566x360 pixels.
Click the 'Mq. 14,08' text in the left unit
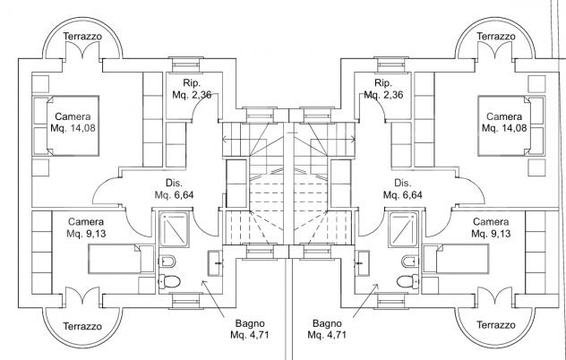click(73, 128)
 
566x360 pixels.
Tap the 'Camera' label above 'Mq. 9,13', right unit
click(491, 222)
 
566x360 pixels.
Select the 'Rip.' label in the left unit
click(192, 83)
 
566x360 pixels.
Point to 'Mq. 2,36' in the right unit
click(383, 95)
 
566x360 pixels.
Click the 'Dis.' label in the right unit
click(402, 183)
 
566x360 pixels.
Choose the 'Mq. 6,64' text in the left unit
click(174, 195)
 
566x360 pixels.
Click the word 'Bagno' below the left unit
click(250, 323)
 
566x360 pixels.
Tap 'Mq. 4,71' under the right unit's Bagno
click(327, 335)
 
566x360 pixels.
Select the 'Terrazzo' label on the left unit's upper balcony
click(82, 37)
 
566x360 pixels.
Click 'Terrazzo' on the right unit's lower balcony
click(495, 325)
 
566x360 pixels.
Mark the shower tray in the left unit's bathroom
click(174, 229)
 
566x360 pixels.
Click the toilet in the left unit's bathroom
click(169, 281)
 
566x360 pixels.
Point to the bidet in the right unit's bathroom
click(410, 261)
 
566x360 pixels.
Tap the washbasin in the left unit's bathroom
click(215, 263)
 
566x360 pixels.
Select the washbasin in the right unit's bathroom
click(362, 263)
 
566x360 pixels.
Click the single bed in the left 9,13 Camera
click(121, 259)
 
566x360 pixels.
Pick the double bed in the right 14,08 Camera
click(510, 125)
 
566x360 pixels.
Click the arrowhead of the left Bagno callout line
click(203, 282)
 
